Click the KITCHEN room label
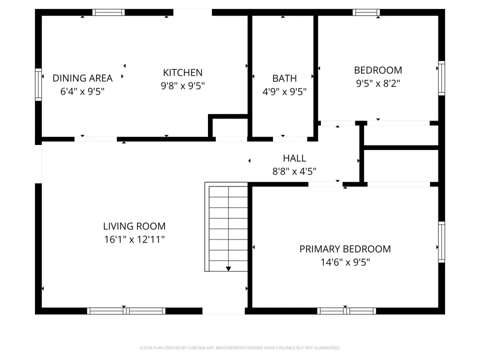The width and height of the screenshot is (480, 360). (183, 72)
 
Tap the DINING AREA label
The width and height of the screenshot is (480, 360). (82, 78)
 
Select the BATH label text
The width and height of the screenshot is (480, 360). (284, 78)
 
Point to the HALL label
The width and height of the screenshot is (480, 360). (294, 158)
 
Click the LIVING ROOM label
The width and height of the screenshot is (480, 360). (134, 226)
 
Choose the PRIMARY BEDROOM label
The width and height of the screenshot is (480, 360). (345, 249)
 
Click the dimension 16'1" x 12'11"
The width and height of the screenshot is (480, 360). (134, 239)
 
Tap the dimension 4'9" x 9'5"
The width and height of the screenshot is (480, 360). (284, 91)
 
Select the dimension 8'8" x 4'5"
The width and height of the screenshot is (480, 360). (294, 171)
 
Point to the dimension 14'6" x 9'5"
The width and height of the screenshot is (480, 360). (345, 262)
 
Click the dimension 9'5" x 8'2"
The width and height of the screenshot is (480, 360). (378, 83)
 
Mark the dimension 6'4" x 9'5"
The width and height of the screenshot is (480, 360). (82, 91)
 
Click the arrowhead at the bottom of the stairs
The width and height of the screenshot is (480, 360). (228, 269)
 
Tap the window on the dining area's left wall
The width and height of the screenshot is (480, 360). (38, 85)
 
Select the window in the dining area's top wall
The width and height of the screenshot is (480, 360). (108, 12)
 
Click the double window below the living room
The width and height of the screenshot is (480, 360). (126, 311)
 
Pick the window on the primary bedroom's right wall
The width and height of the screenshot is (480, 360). (441, 242)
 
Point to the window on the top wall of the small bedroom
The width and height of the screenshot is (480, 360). (366, 12)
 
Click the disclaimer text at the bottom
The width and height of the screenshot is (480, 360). (239, 348)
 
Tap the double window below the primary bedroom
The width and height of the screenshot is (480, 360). (346, 311)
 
